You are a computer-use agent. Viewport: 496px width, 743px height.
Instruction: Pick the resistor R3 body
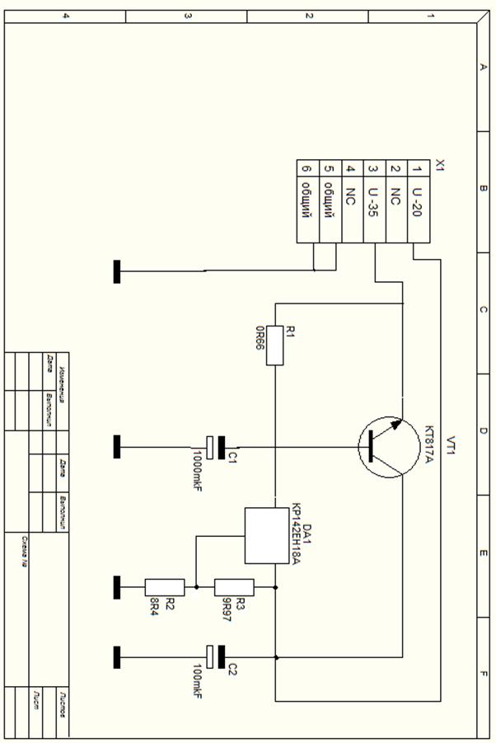coord(234,587)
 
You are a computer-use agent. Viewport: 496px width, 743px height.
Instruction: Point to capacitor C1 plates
coord(216,447)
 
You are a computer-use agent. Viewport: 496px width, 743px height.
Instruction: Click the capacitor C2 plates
coord(216,657)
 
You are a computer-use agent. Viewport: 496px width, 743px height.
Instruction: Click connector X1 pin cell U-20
coord(418,202)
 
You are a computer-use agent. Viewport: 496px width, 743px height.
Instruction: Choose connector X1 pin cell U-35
coord(373,202)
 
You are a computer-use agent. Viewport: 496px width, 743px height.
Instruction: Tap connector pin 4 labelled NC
coord(351,202)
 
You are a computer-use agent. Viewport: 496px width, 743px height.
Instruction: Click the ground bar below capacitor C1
coord(117,447)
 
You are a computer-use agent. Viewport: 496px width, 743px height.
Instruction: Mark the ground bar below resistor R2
coord(117,587)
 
